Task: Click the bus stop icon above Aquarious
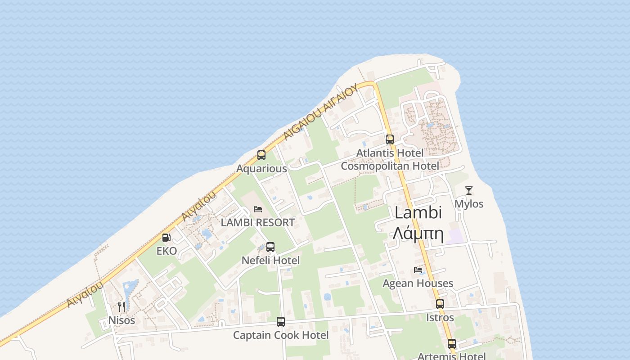261,155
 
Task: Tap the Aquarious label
261,169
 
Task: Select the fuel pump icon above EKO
166,238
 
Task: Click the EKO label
166,251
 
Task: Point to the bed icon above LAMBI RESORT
258,209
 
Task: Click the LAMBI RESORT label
257,222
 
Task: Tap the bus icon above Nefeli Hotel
270,247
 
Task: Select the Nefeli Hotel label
270,261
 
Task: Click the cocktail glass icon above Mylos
469,190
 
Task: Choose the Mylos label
469,204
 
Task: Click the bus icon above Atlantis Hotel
390,139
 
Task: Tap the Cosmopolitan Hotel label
390,166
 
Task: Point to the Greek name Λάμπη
418,234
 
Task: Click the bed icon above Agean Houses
418,270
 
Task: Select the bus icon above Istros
440,304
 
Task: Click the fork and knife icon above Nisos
121,307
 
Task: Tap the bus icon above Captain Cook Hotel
281,322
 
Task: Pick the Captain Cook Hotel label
281,335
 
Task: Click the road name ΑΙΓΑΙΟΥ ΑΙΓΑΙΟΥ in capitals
321,112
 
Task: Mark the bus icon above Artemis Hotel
452,344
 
